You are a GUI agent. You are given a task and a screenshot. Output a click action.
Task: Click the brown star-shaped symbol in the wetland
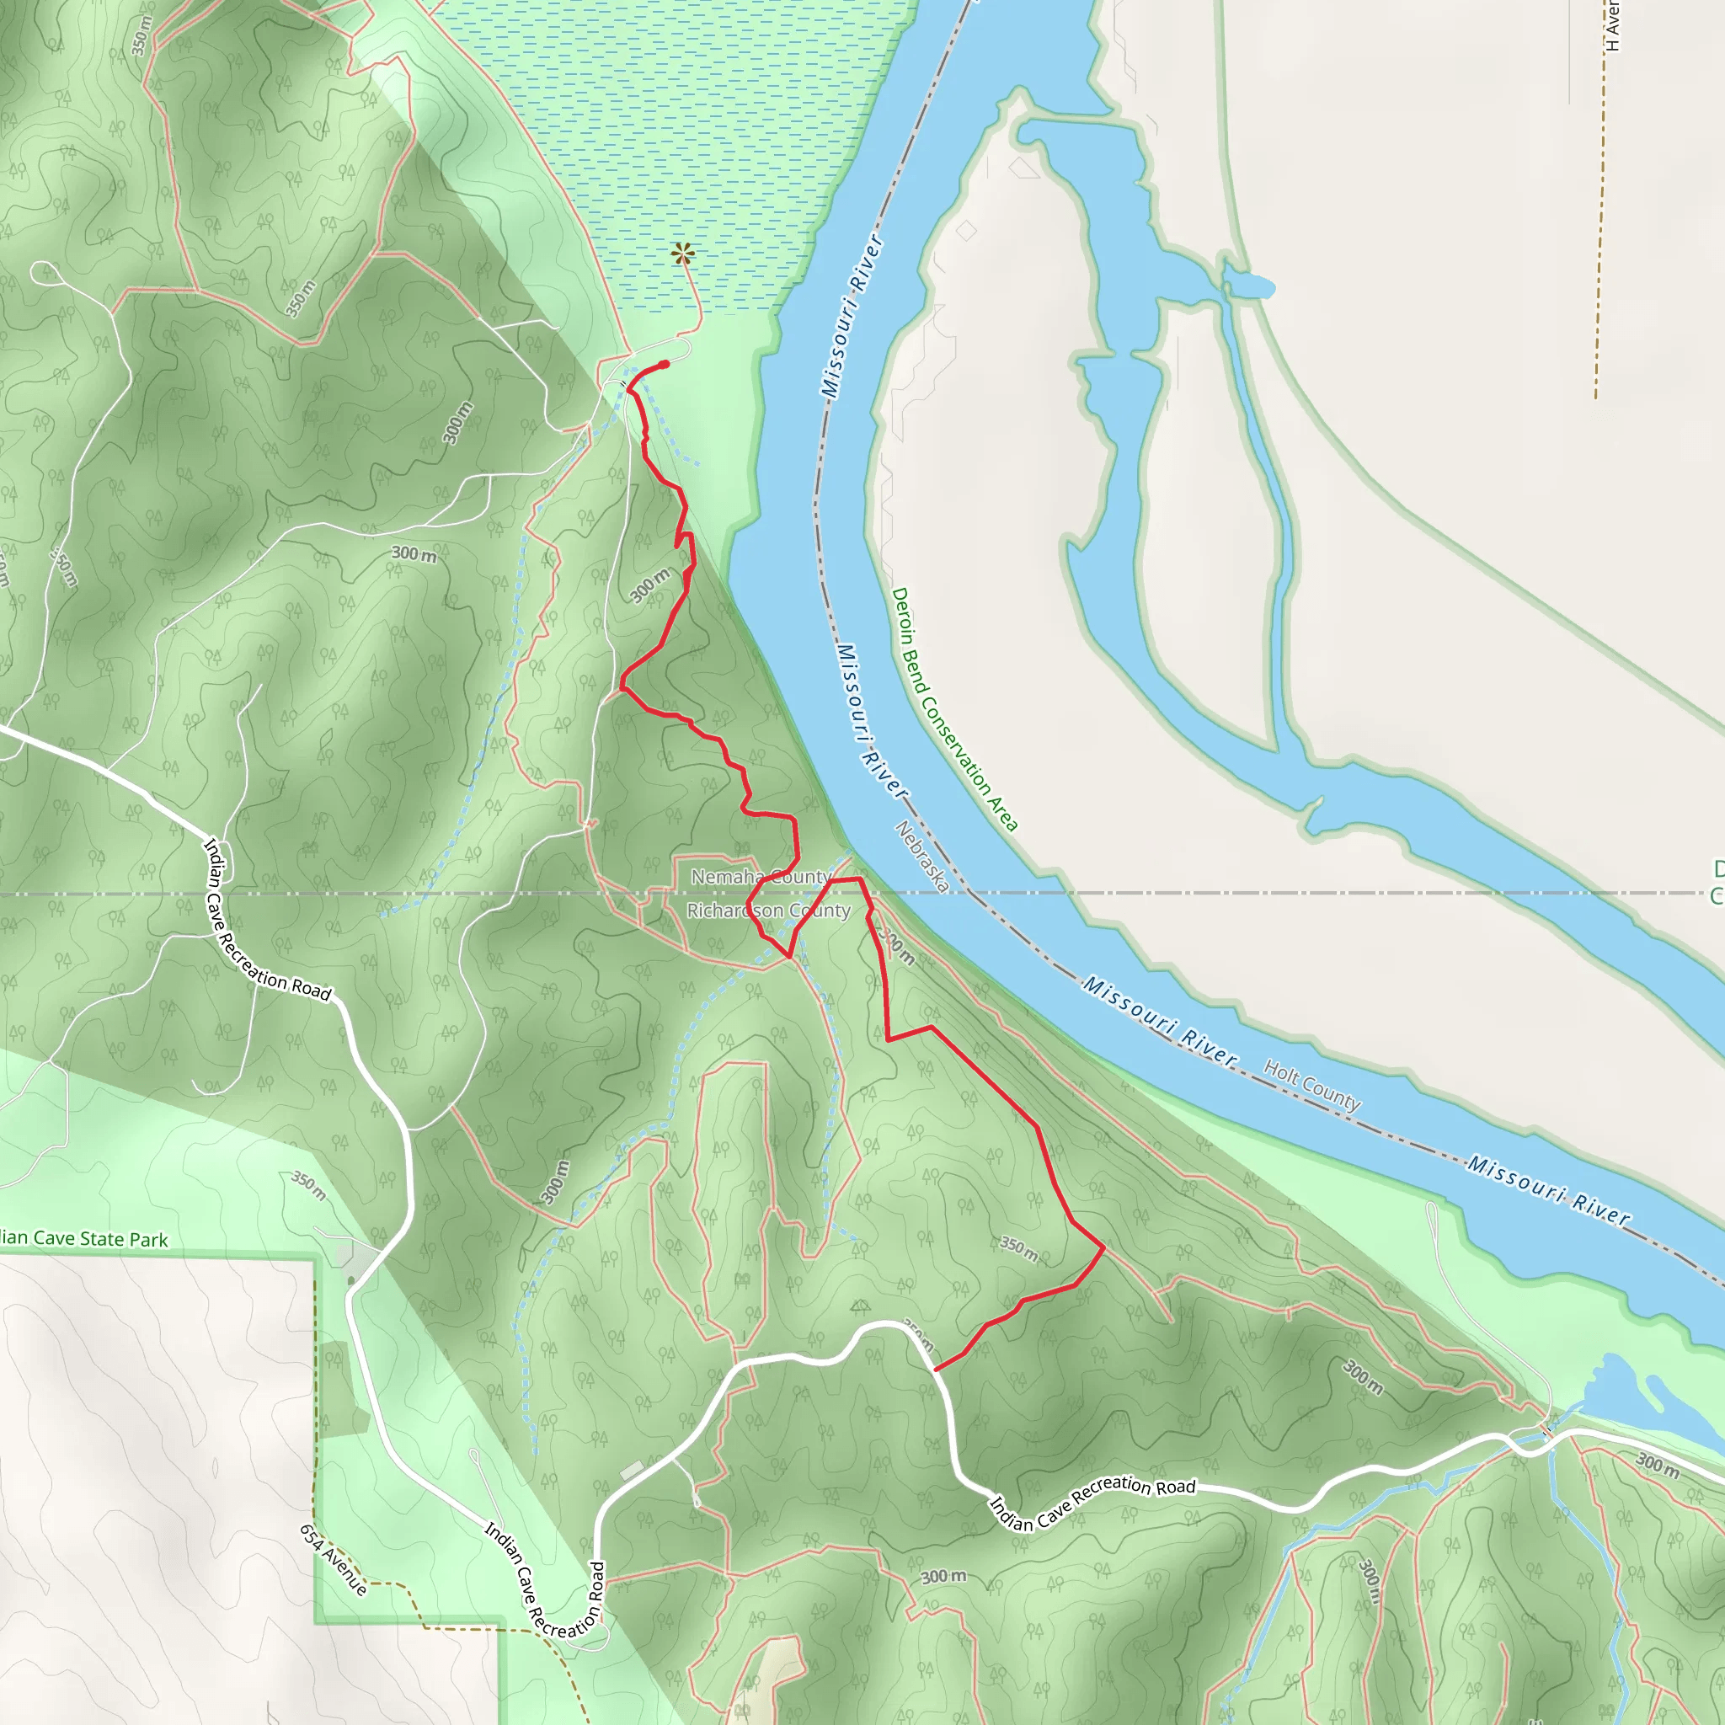683,254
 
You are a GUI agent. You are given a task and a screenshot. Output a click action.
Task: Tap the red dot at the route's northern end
665,364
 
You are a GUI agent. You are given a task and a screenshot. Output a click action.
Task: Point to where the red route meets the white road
935,1369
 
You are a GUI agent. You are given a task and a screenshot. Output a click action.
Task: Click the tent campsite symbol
860,1306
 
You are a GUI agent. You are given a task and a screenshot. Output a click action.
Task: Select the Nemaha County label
761,878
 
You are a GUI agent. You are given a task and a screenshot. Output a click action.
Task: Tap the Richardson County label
768,911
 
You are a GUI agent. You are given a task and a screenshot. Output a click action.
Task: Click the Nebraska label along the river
921,857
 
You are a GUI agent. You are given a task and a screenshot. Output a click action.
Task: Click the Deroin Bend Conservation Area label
953,710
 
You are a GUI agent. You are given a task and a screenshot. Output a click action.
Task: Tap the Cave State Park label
84,1239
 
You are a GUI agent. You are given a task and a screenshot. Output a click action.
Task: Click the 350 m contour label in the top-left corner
141,35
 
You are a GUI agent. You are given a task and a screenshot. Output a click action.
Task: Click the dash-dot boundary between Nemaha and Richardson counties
357,893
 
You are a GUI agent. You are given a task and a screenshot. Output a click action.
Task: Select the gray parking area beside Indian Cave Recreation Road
357,1260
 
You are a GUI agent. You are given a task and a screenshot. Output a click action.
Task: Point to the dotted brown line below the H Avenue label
1602,223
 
